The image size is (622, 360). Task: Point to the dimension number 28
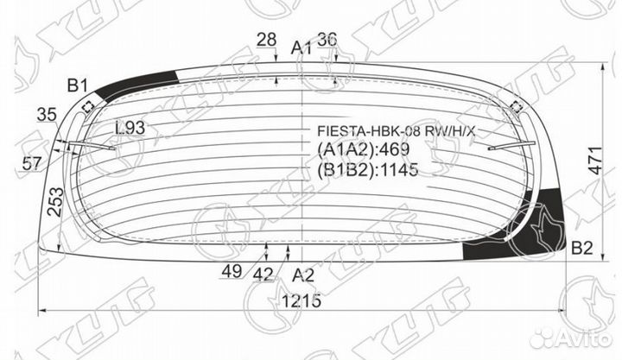(267, 39)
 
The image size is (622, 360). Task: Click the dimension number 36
(327, 39)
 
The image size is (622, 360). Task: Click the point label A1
(301, 47)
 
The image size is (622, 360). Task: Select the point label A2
(302, 275)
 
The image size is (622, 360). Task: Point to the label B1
(78, 85)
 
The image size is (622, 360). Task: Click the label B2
(581, 249)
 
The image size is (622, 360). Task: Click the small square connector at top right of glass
(517, 107)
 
